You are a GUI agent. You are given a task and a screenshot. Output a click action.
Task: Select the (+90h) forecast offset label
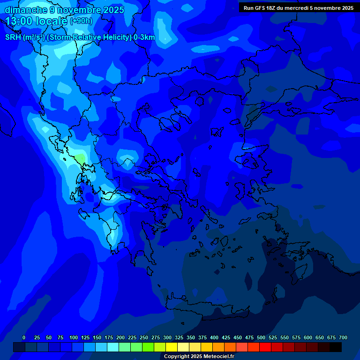[81, 21]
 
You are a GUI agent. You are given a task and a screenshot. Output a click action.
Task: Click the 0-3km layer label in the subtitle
[144, 37]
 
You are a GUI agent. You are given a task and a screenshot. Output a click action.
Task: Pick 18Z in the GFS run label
[271, 8]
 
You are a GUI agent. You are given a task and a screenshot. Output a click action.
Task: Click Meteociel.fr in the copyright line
[217, 357]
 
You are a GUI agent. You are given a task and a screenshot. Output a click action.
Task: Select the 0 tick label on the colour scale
[24, 337]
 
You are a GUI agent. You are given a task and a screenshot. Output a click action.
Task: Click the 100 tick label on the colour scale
[74, 337]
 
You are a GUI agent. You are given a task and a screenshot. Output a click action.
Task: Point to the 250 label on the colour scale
[144, 337]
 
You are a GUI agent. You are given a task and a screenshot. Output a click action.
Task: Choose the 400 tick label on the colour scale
[214, 337]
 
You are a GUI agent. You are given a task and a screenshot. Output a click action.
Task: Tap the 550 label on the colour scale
[285, 337]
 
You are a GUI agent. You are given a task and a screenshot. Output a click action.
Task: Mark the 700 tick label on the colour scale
[343, 337]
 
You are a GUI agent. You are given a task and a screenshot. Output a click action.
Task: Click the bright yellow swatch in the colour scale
[172, 347]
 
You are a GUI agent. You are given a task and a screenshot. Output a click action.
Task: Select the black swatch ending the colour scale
[336, 347]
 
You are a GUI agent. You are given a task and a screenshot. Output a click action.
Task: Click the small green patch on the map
[81, 158]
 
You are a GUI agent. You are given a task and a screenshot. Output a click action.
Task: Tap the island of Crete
[206, 307]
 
